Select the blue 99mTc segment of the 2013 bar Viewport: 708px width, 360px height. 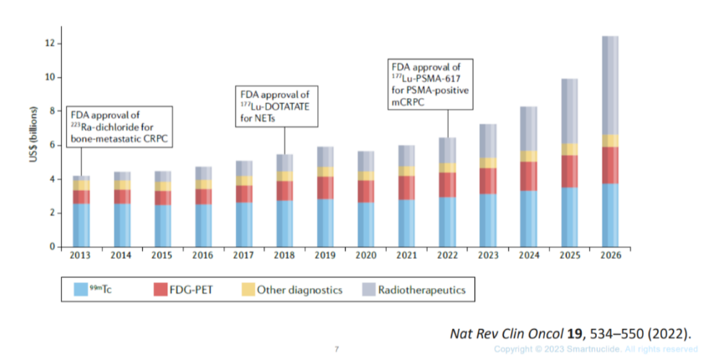click(81, 225)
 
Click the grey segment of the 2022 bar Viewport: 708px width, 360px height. click(448, 151)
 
